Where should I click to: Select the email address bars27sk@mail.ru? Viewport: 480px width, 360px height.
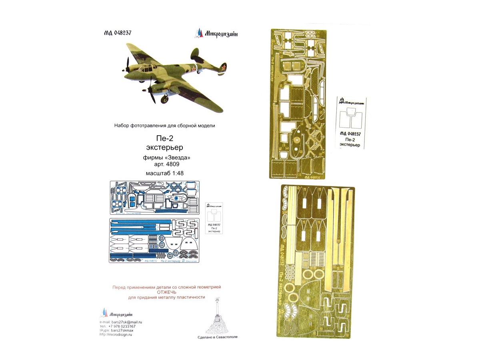127,322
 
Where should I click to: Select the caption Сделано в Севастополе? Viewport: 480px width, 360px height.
218,337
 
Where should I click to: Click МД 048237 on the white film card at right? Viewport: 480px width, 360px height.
350,134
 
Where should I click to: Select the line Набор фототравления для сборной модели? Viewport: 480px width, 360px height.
164,126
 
